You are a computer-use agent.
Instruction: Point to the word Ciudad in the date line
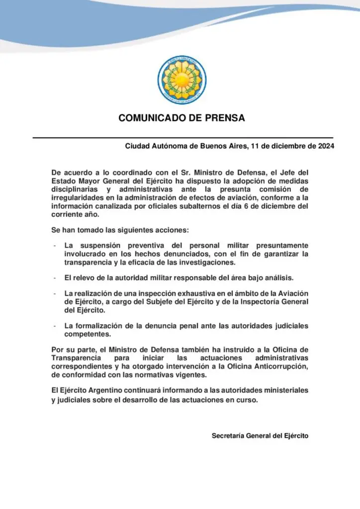click(x=136, y=147)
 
